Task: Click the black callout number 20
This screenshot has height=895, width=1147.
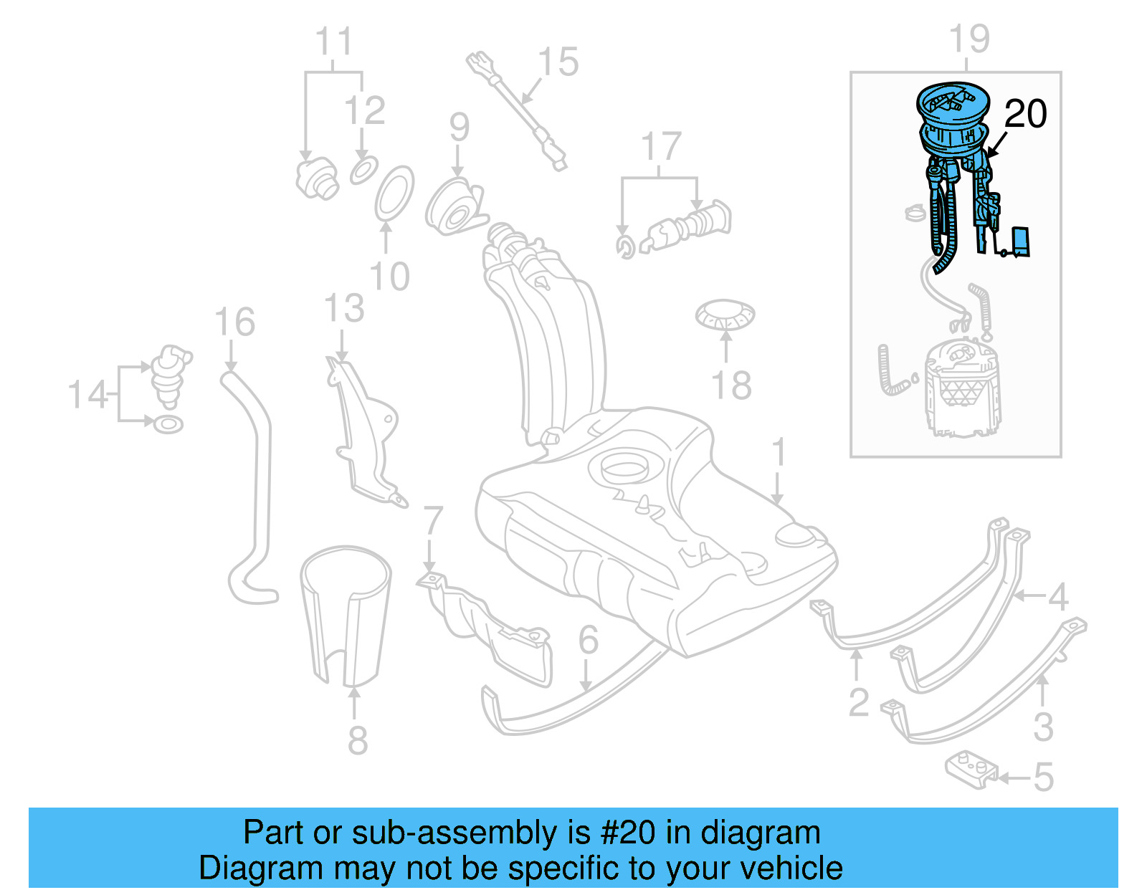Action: coord(1025,115)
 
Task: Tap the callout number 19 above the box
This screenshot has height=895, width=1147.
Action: coord(968,39)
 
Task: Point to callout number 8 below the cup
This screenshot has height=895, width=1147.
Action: coord(358,740)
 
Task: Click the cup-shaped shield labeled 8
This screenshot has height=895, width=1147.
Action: coord(346,616)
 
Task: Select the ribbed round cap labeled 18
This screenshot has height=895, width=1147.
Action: coord(725,315)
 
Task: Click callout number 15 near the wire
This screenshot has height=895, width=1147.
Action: coord(558,62)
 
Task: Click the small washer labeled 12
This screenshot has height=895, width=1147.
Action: coord(363,171)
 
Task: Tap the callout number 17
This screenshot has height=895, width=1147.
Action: coord(660,147)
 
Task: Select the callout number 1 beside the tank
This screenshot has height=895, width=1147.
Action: coord(779,453)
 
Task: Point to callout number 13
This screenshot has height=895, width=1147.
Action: coord(343,309)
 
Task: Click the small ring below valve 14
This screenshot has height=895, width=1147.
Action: coord(168,424)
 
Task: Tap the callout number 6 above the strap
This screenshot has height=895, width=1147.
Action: coord(588,640)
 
